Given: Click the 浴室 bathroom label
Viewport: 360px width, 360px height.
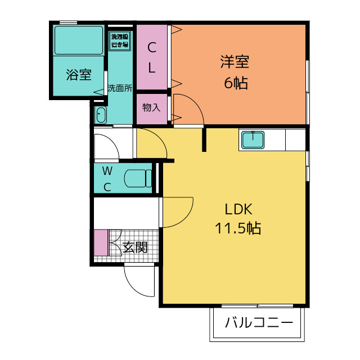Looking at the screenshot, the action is tap(79, 74).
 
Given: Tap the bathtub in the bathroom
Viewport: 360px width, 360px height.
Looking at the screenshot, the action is tap(79, 40).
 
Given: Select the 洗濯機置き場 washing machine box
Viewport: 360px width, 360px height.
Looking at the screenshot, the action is tap(120, 40).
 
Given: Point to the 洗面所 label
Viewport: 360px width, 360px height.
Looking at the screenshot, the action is tap(120, 88).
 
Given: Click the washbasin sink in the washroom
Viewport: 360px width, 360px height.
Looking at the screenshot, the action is tap(101, 115).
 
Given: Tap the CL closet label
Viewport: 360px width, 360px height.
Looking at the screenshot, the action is tap(152, 57).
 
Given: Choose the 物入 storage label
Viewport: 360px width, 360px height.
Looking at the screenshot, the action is tap(151, 107).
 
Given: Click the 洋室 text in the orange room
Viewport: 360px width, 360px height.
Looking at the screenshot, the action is tap(235, 62).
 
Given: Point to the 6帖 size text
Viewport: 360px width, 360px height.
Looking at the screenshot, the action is tap(236, 83).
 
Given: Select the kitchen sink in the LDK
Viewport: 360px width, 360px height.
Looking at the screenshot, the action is tap(253, 139).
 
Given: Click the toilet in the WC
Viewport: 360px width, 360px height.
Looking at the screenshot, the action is tap(138, 178).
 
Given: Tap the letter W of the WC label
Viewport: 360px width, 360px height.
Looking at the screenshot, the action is tap(107, 171).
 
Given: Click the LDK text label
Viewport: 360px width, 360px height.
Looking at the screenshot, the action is tap(238, 209).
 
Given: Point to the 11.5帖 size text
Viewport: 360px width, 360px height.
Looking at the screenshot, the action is tap(238, 228).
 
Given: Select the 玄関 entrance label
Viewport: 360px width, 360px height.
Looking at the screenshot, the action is tap(135, 247).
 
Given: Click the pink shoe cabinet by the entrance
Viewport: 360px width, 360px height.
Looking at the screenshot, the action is tap(101, 242).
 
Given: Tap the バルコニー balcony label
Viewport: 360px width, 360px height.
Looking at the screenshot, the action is tap(259, 322).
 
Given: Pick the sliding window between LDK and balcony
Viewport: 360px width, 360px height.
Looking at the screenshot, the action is tap(257, 306).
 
